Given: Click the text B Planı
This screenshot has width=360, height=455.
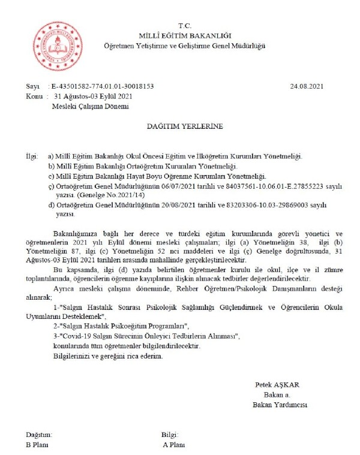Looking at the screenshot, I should click(37, 444).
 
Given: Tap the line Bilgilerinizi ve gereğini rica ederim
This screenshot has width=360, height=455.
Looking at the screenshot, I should click(107, 355).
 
